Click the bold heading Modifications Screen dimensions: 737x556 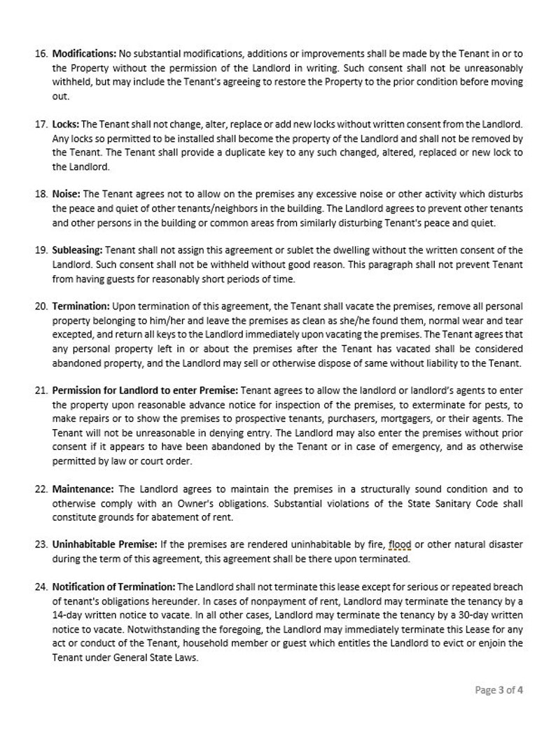(x=84, y=54)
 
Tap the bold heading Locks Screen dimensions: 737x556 (x=66, y=124)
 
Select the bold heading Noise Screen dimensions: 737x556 (x=67, y=194)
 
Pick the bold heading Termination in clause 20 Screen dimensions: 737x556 (x=81, y=307)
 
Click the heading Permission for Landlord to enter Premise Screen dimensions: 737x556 (x=145, y=390)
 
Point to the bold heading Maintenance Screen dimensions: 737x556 (x=83, y=489)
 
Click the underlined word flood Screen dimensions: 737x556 (x=400, y=545)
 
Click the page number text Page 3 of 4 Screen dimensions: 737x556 (x=499, y=690)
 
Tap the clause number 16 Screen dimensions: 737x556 (x=41, y=54)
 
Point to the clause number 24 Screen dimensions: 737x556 (x=41, y=587)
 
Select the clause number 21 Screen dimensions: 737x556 (x=41, y=390)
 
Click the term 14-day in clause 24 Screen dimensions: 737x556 (x=68, y=615)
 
